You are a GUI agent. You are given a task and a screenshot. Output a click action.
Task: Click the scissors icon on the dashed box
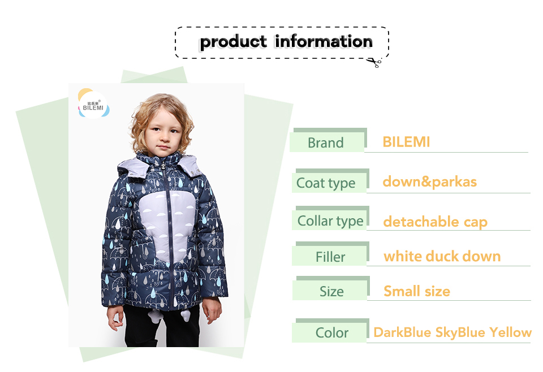pos(374,63)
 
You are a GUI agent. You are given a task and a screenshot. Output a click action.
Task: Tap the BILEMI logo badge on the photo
pos(93,104)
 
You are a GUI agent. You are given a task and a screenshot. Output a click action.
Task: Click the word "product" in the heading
pos(234,42)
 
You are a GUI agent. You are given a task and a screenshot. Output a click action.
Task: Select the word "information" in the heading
pos(324,41)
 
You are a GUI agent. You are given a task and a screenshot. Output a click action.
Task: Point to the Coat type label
pos(326,183)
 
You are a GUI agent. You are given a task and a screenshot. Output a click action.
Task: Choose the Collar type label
pos(330,221)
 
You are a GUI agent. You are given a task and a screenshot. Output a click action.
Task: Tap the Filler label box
pos(329,257)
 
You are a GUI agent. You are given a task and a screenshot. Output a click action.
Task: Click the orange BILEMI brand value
pos(406,142)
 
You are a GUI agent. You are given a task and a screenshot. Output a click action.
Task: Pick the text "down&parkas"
pos(430,182)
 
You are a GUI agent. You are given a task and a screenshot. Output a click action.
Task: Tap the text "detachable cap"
pos(436,222)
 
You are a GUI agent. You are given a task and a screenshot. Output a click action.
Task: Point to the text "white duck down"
pos(442,257)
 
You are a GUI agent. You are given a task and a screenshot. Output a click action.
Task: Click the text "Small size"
pos(417,291)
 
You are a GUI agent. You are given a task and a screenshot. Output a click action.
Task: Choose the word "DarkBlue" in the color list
pos(403,332)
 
